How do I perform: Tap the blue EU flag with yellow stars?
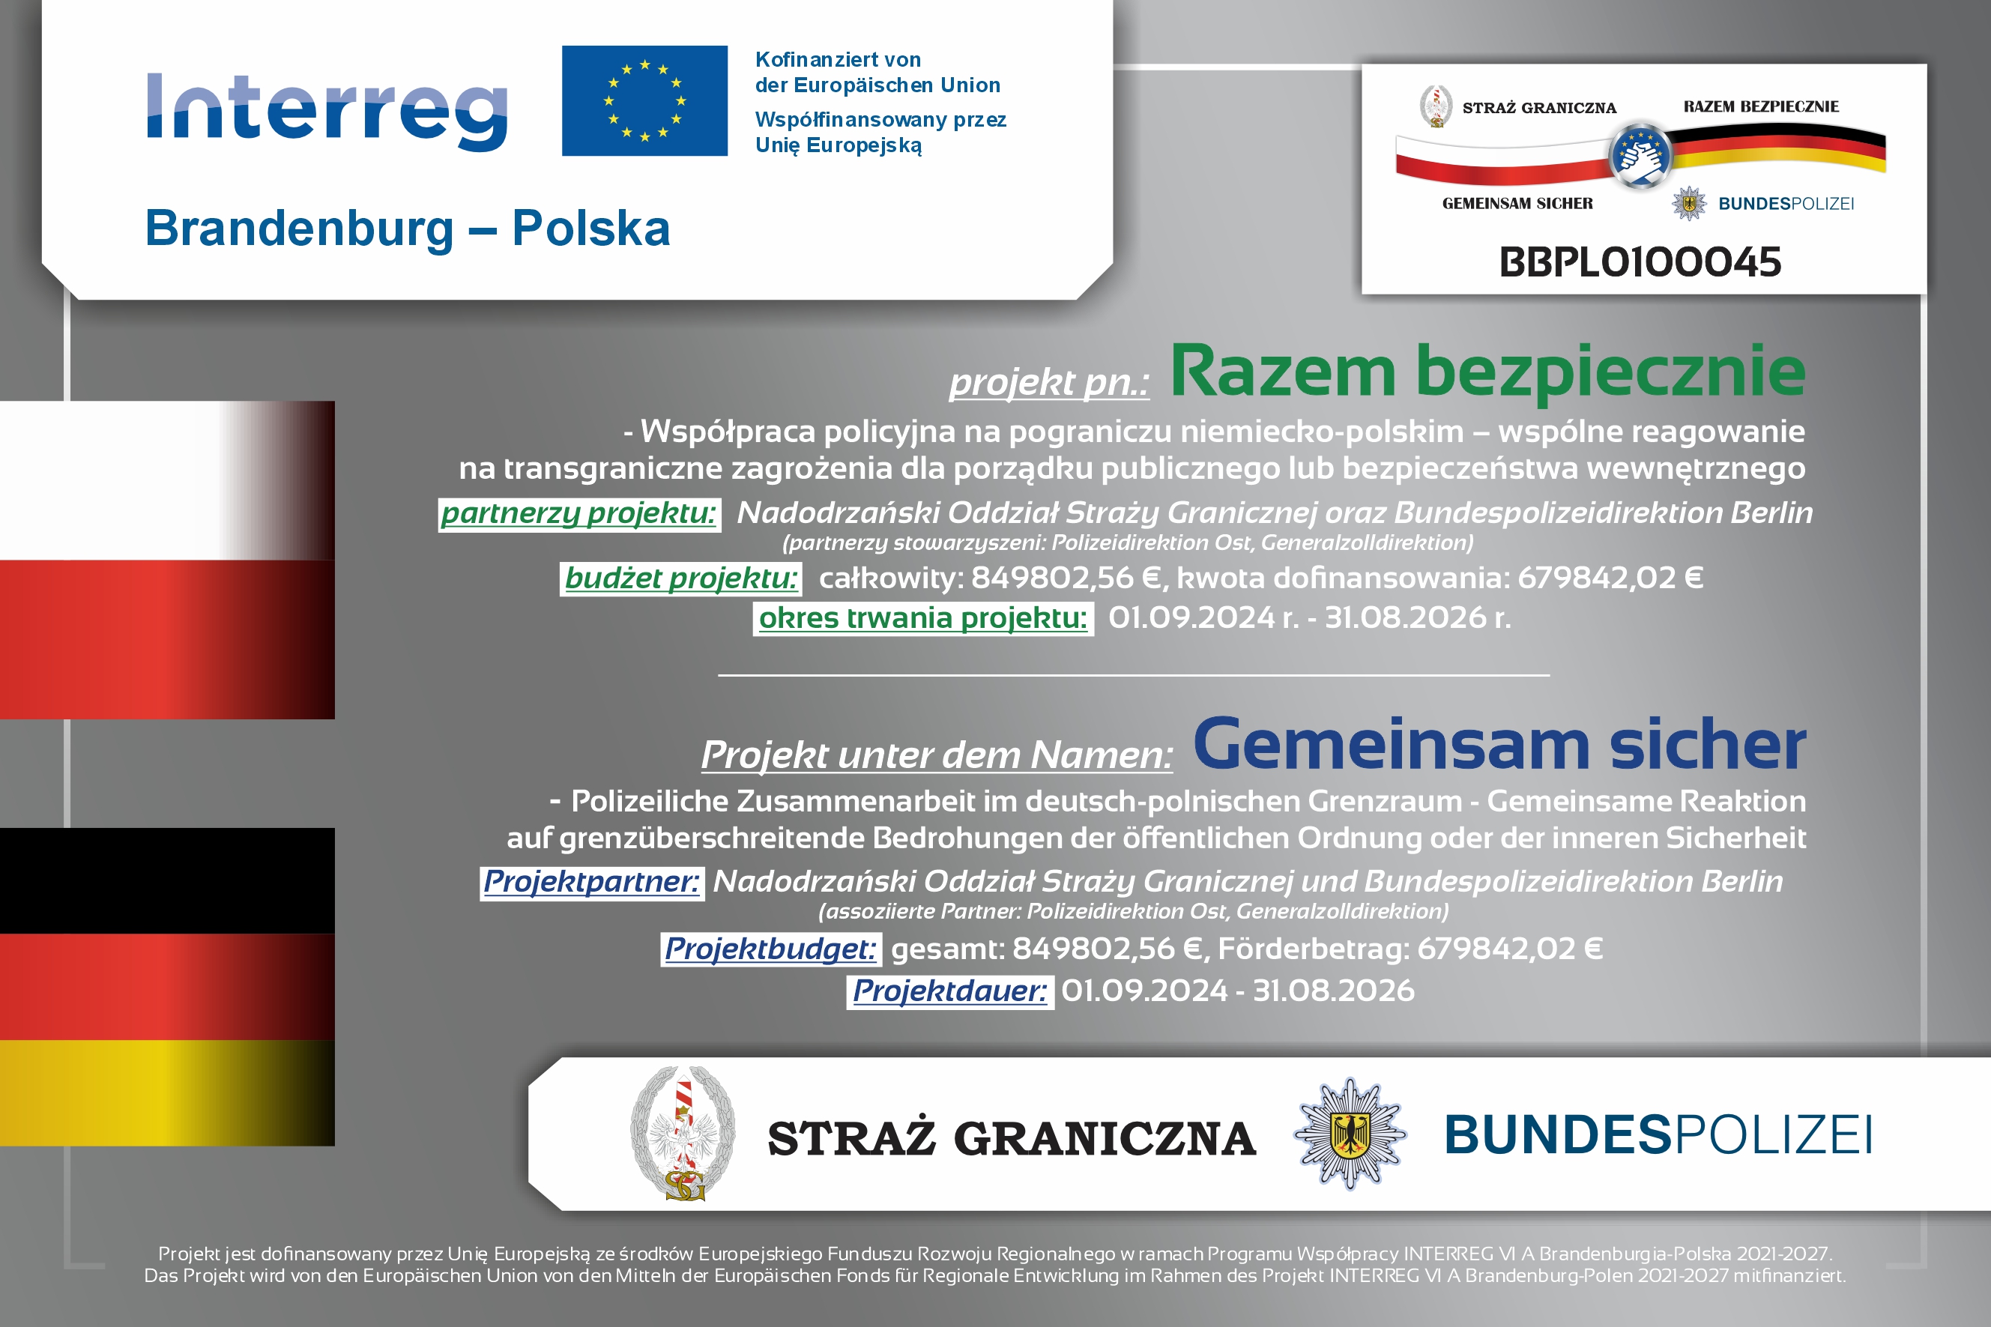click(644, 100)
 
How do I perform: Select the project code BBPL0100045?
click(1640, 262)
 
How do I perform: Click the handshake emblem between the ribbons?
click(1642, 156)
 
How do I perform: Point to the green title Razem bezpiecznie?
click(1487, 372)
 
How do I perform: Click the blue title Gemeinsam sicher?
click(1499, 744)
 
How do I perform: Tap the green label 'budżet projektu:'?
click(681, 579)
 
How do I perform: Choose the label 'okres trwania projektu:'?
click(923, 618)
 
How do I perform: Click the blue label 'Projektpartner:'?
click(591, 883)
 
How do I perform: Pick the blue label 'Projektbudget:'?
click(770, 949)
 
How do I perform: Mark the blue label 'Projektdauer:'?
click(949, 991)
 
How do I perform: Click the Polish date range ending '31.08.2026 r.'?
click(1309, 618)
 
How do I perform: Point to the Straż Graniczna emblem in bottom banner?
click(683, 1133)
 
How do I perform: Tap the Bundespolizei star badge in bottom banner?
click(1350, 1133)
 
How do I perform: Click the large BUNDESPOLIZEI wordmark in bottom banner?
click(1658, 1135)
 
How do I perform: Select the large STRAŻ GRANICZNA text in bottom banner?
click(1012, 1138)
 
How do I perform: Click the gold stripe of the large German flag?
click(168, 1092)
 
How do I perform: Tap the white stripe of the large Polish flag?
click(168, 481)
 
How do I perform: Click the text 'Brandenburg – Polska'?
click(407, 229)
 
